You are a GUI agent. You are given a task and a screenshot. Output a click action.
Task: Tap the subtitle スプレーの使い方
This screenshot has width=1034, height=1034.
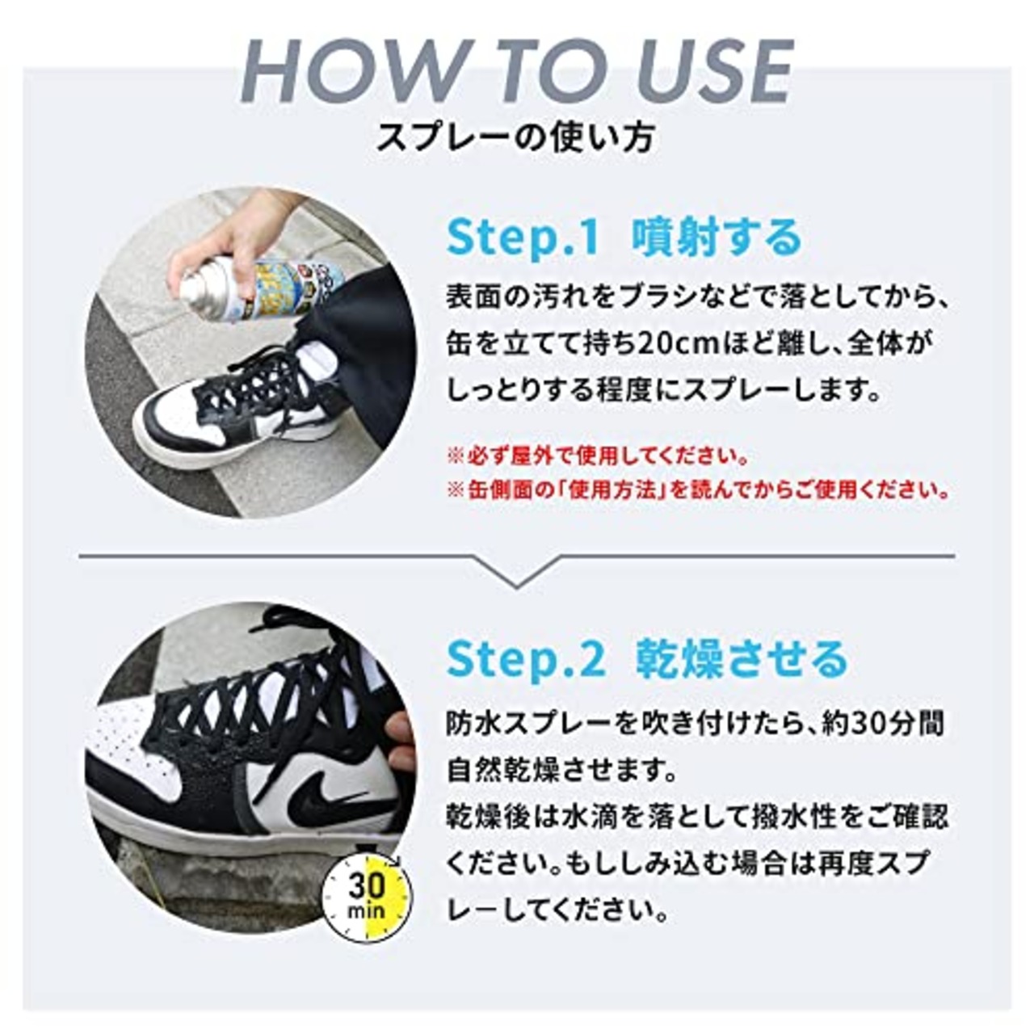tap(516, 138)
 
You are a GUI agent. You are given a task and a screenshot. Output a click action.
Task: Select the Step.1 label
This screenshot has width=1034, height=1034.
tap(523, 238)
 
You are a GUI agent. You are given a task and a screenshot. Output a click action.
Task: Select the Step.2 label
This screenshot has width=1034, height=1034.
tap(526, 659)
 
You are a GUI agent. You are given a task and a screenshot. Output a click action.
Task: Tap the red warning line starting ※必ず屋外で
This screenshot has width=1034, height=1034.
tap(598, 456)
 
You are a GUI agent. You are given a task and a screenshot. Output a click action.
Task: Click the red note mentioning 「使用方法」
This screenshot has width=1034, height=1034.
tap(700, 490)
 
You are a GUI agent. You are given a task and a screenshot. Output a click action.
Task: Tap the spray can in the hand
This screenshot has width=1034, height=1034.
tap(258, 287)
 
